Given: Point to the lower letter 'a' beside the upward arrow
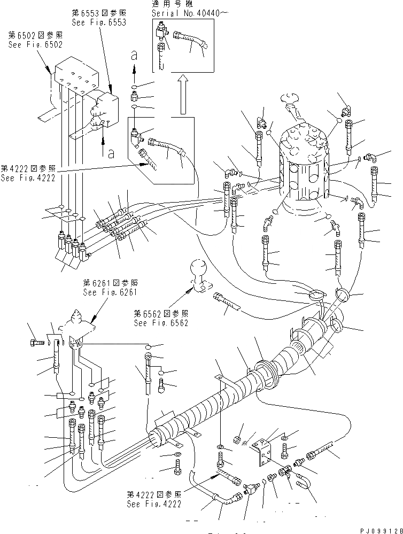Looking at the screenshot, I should (111, 154).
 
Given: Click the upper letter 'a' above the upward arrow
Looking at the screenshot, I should (134, 55).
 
